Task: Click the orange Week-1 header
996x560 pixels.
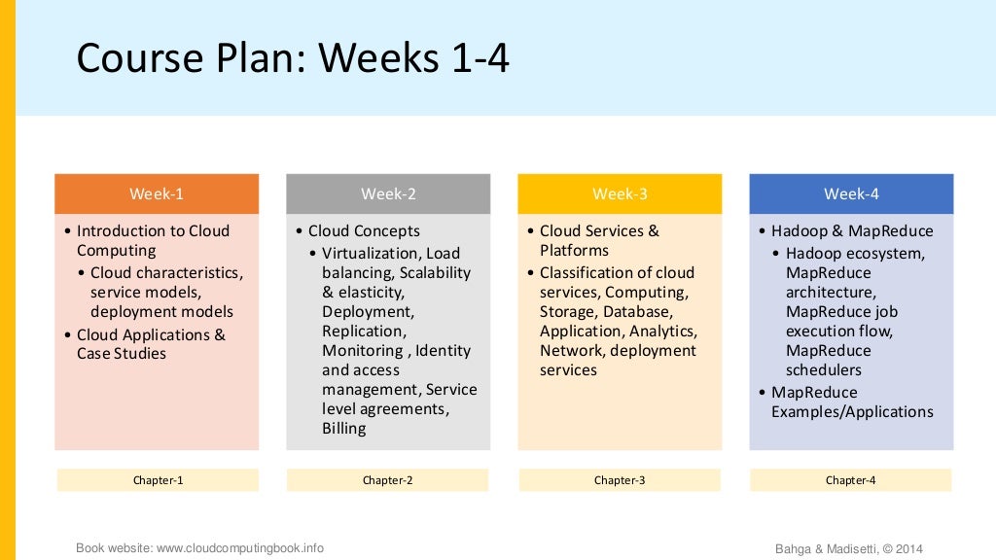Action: coord(157,193)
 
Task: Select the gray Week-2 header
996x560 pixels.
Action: coord(388,193)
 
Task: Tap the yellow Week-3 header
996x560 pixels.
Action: coord(620,193)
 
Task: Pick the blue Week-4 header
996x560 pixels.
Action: coord(851,193)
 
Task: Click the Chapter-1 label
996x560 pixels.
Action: coord(158,480)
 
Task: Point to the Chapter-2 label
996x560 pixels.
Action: coord(388,480)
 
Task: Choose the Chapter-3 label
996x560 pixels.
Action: coord(620,480)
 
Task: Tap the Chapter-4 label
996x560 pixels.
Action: coord(851,480)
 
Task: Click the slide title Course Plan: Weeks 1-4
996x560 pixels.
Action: coord(293,58)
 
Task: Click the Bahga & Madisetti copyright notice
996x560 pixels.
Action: coord(848,549)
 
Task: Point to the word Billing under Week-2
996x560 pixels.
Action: coord(344,428)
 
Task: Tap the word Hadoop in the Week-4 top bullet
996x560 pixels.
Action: coord(799,231)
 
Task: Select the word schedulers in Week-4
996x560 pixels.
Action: coord(824,369)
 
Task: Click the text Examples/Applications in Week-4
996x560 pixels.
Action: coord(852,411)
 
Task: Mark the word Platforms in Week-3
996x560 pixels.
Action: coord(574,251)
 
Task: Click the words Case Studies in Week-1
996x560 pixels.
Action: coord(122,354)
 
